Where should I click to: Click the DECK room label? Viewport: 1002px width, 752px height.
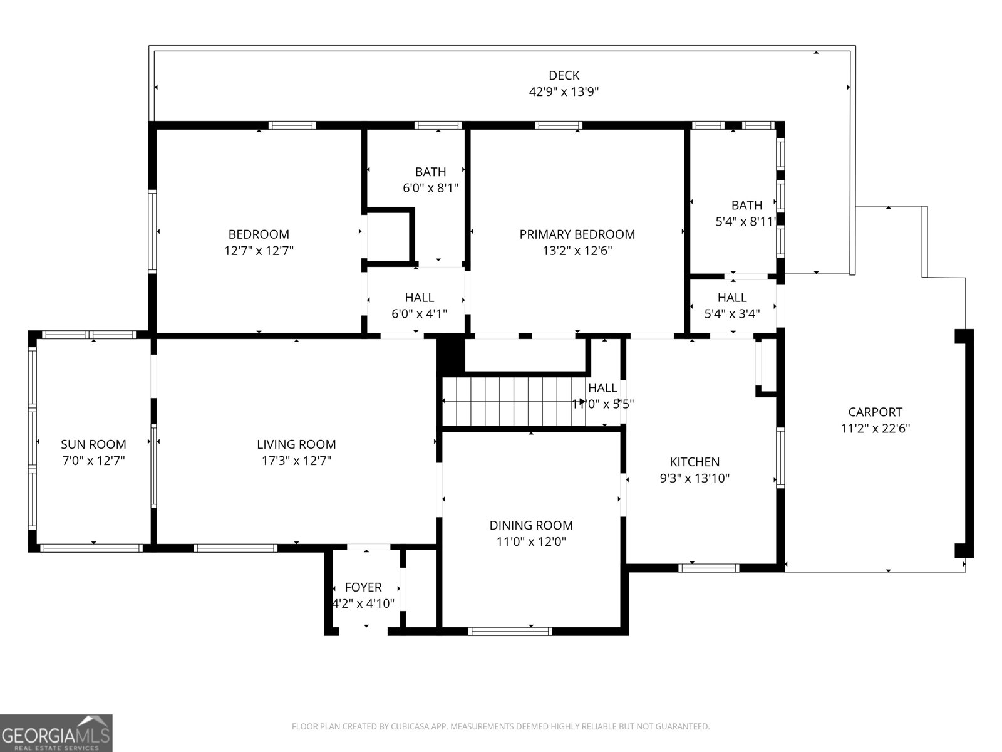pyautogui.click(x=564, y=76)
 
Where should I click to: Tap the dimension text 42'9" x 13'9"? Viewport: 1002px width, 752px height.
pyautogui.click(x=564, y=92)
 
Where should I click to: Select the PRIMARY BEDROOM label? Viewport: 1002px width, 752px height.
pyautogui.click(x=577, y=234)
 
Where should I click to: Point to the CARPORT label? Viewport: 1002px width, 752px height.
pyautogui.click(x=875, y=412)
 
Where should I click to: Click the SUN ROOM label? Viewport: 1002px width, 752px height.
pyautogui.click(x=93, y=445)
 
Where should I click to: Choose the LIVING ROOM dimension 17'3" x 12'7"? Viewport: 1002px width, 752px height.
pyautogui.click(x=296, y=461)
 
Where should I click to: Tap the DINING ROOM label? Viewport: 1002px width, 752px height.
pyautogui.click(x=531, y=526)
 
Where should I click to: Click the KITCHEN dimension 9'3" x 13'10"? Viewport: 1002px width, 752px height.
pyautogui.click(x=695, y=479)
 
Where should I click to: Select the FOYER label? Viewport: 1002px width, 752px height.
pyautogui.click(x=363, y=588)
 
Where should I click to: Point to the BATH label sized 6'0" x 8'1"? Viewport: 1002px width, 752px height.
pyautogui.click(x=431, y=172)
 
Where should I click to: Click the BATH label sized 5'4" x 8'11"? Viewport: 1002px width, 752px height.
pyautogui.click(x=746, y=205)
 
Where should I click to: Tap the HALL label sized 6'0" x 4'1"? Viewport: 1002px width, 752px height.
pyautogui.click(x=419, y=298)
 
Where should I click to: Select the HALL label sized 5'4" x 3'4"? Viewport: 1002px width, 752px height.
pyautogui.click(x=732, y=298)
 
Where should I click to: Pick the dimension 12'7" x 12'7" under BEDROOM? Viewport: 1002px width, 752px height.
pyautogui.click(x=259, y=251)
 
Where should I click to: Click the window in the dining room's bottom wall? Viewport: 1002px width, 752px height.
pyautogui.click(x=510, y=631)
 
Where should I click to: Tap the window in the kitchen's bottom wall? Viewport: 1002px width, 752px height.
pyautogui.click(x=709, y=568)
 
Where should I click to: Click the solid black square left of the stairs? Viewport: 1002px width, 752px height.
pyautogui.click(x=451, y=356)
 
